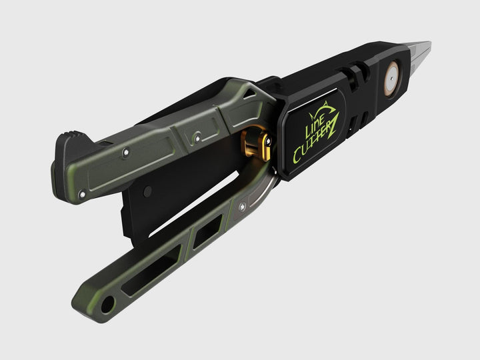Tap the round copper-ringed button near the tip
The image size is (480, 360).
(391, 79)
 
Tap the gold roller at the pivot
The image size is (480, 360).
(257, 143)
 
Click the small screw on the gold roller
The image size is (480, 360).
(269, 141)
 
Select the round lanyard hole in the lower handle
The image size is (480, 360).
(108, 305)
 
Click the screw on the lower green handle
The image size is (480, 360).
(242, 207)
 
